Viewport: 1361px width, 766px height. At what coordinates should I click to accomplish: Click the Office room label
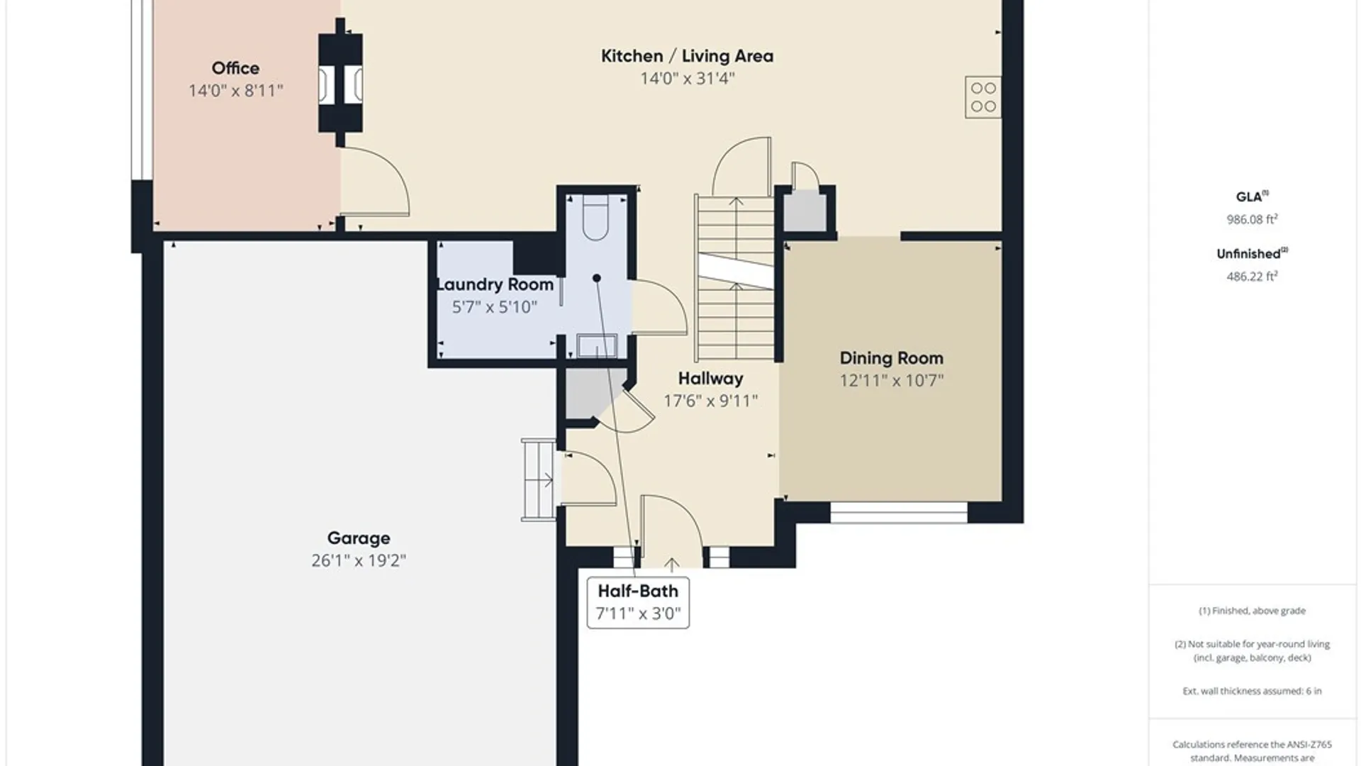point(235,68)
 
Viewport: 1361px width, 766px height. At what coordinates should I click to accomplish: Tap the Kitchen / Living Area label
point(687,56)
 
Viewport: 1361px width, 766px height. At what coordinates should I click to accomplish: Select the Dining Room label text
point(891,358)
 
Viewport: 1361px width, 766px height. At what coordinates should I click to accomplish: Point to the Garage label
point(359,538)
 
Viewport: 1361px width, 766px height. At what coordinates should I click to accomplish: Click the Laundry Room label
point(495,284)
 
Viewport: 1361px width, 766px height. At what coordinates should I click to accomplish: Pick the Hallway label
point(710,379)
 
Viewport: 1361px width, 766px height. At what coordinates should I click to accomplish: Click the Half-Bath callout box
point(638,602)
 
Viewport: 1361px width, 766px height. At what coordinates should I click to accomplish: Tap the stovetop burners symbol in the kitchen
point(983,97)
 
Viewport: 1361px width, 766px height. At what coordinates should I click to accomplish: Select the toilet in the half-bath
point(595,219)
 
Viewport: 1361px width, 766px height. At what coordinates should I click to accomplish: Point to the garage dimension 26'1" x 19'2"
point(359,560)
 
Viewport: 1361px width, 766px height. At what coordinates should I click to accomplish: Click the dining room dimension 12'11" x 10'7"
point(891,380)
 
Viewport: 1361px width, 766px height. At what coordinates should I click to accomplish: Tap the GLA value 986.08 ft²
point(1252,219)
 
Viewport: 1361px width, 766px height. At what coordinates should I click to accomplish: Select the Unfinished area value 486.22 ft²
point(1252,276)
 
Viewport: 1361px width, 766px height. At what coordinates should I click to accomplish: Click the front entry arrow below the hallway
point(671,564)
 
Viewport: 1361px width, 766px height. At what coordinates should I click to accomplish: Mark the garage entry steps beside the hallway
point(539,480)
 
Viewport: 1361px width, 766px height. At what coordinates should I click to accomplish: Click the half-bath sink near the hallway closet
point(597,346)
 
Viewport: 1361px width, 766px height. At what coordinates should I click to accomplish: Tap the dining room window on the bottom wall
point(899,513)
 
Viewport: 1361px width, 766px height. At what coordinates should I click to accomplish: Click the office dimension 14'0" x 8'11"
point(235,90)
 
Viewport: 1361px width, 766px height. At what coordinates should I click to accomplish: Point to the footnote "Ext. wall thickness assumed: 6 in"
point(1252,691)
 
